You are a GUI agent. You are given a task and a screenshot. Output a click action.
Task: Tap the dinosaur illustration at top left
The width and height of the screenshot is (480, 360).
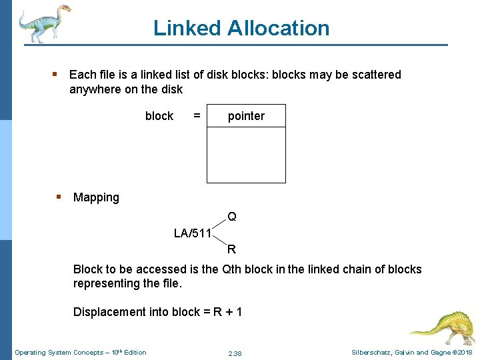coord(43,23)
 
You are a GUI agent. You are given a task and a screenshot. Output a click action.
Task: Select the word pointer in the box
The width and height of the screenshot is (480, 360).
coord(246,116)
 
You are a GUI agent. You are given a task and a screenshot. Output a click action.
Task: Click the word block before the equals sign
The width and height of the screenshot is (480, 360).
coord(159,116)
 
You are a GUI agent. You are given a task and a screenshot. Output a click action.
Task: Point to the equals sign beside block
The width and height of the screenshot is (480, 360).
coord(197,116)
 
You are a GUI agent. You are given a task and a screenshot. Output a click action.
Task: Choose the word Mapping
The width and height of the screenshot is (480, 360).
coord(96,197)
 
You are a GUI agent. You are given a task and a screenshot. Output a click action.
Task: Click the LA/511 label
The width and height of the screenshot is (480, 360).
coord(192,233)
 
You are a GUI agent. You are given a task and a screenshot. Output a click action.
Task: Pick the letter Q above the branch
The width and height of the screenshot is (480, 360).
coord(231,217)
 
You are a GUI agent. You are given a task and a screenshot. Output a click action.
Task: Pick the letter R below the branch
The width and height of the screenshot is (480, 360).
coord(231,250)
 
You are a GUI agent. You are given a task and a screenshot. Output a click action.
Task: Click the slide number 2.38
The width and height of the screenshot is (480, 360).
coord(235,353)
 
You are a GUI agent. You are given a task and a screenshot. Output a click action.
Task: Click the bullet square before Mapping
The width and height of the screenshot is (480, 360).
coord(59,197)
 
